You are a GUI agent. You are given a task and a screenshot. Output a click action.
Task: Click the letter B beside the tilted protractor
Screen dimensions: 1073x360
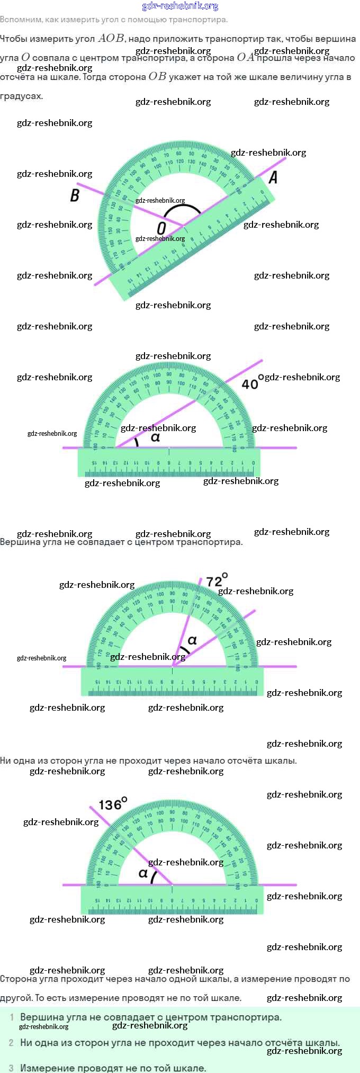75,195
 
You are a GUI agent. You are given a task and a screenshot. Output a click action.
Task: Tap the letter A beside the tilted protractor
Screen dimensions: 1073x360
273,177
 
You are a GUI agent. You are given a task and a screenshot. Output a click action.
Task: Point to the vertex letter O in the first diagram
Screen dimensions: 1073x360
161,228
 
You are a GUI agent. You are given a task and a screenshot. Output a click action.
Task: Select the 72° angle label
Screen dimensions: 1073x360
217,580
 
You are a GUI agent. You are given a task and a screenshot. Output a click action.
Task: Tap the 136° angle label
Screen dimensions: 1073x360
113,804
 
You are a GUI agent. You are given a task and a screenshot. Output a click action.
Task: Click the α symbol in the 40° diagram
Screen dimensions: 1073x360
155,437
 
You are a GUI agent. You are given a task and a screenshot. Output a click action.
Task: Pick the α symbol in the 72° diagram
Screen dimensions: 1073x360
192,640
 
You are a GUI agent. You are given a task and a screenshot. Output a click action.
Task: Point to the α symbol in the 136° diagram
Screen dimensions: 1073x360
143,873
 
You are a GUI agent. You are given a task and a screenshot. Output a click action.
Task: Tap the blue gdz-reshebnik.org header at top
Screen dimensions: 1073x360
180,6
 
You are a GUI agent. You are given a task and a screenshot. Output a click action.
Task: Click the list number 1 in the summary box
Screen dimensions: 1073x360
12,1017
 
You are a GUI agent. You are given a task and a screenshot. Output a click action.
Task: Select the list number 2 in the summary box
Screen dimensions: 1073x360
11,1043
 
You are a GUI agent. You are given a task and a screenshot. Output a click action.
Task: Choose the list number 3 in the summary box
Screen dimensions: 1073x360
11,1068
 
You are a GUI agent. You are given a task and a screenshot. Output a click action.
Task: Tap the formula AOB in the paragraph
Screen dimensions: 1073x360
111,38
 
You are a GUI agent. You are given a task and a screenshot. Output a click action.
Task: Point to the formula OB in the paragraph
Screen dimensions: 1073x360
157,76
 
